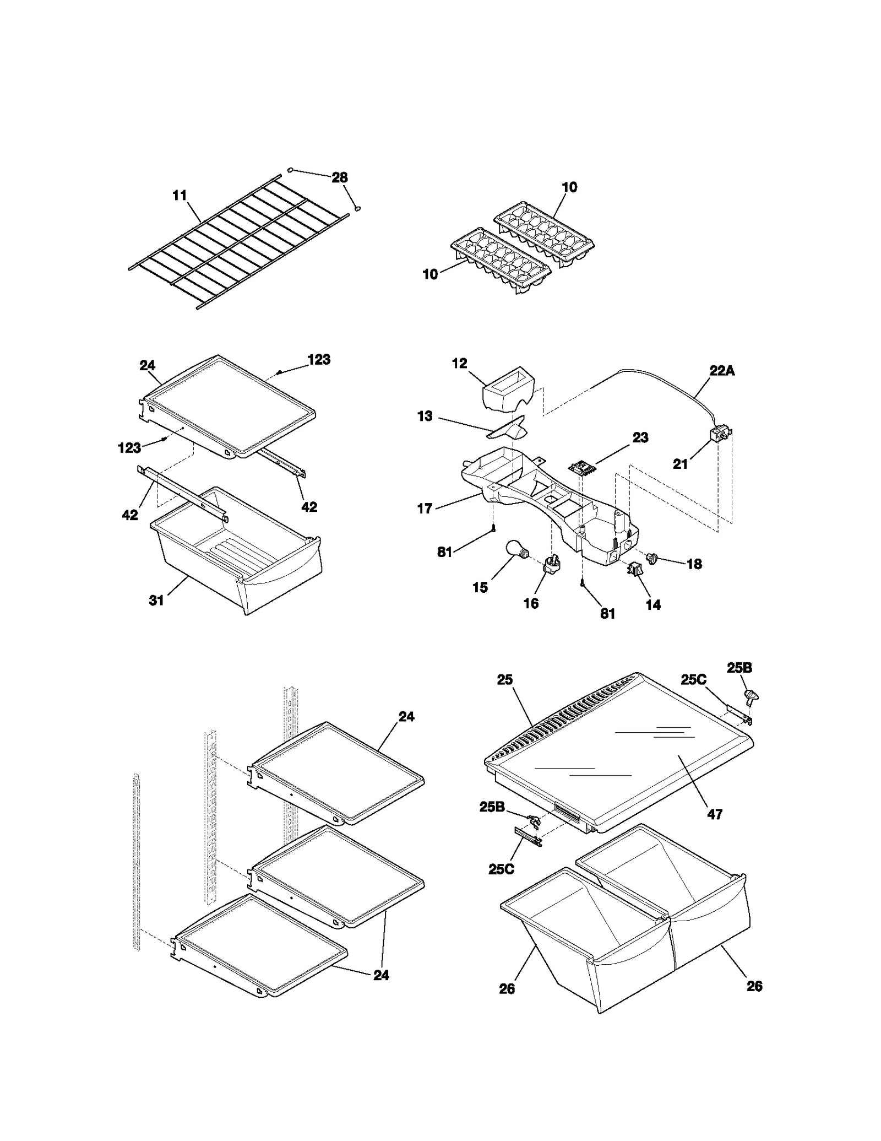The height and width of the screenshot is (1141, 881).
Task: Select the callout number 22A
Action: (x=722, y=371)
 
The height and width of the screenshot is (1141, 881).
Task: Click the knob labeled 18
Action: (x=654, y=559)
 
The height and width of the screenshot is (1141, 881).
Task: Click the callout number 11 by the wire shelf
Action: (x=180, y=196)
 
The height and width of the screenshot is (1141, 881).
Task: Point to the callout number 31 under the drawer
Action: (x=157, y=600)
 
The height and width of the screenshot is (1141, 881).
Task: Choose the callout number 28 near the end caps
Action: (x=340, y=177)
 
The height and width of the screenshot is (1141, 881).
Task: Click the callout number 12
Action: (x=459, y=364)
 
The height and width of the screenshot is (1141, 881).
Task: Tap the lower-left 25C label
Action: (x=501, y=869)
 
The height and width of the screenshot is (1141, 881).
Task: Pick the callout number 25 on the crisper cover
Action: (x=505, y=680)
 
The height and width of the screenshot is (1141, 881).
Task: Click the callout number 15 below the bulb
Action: (x=480, y=587)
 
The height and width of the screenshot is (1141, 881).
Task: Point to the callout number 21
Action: (x=681, y=464)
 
